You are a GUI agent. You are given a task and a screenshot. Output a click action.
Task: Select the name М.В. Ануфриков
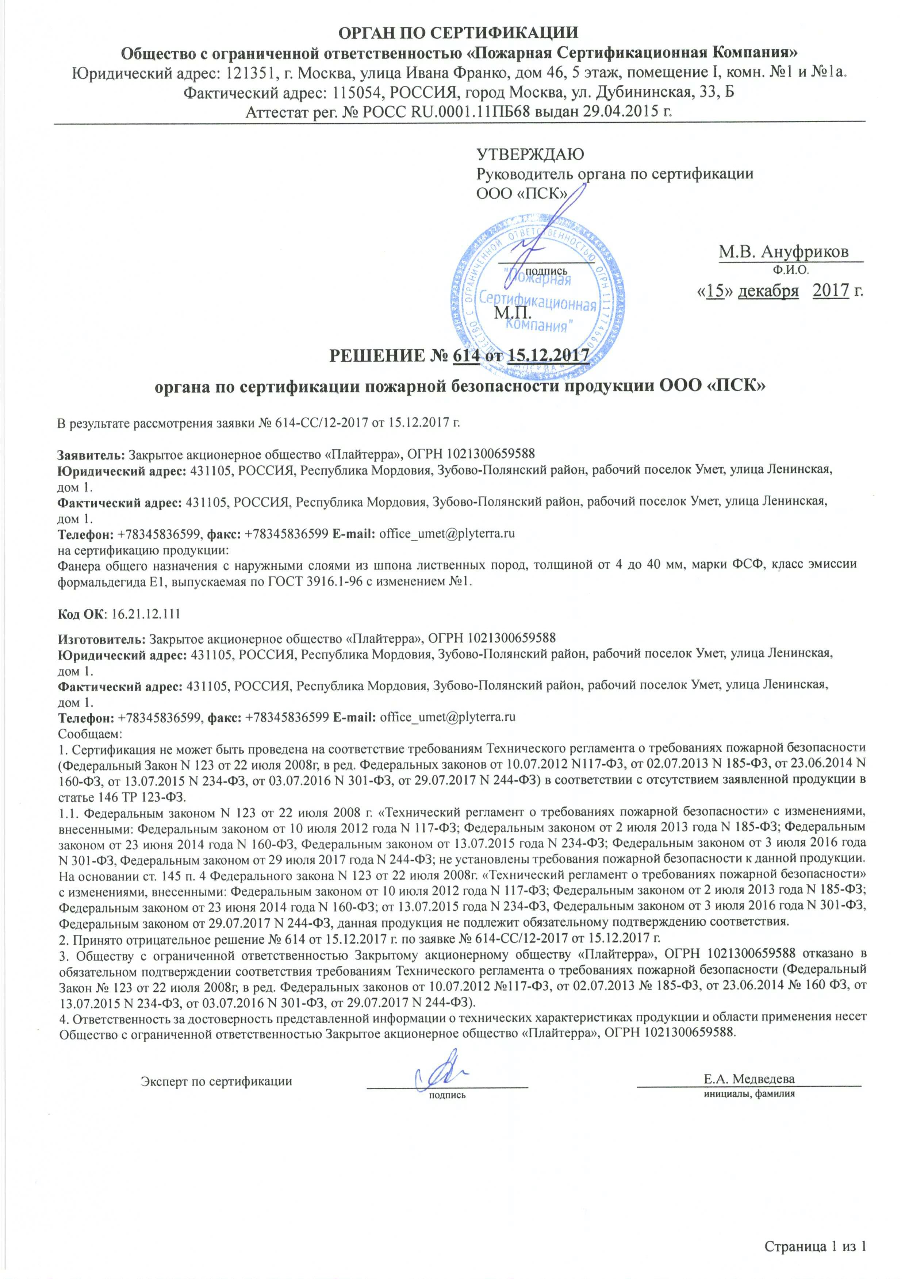783,252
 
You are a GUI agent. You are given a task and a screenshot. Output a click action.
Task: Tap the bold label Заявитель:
92,454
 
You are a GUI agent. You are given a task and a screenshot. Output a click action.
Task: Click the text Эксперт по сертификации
216,1082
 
